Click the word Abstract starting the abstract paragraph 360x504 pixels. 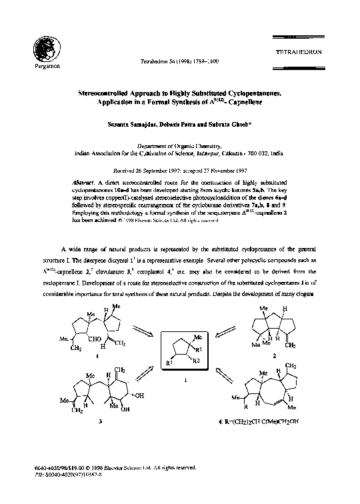point(83,182)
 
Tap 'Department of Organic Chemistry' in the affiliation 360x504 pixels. point(179,145)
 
